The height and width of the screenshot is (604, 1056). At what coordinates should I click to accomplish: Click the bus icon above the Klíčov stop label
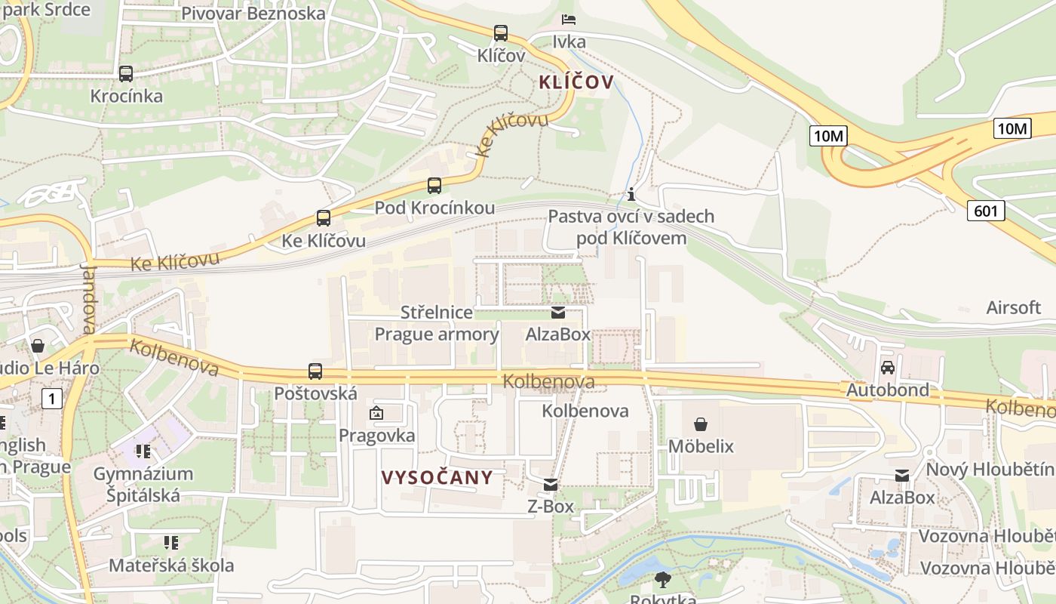point(501,33)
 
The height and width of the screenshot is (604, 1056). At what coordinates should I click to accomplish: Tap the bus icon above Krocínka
point(126,74)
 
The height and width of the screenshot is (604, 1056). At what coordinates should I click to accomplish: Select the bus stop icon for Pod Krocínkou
point(434,186)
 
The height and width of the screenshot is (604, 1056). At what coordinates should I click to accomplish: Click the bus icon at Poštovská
point(315,371)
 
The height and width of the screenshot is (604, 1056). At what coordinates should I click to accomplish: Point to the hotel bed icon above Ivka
point(569,19)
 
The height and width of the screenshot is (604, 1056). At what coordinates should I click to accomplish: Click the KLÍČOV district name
point(576,82)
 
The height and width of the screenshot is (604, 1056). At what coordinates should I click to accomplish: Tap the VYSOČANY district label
point(437,477)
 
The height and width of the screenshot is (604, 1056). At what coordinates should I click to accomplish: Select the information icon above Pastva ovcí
point(631,194)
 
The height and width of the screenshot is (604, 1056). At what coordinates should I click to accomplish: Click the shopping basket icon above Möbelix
point(701,424)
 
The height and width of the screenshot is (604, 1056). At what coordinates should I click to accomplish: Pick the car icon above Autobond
point(888,368)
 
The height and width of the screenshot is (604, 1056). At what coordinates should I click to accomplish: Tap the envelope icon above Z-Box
point(551,485)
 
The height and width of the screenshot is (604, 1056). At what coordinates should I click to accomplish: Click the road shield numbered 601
point(987,211)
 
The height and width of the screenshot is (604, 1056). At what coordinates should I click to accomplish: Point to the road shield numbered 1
point(51,398)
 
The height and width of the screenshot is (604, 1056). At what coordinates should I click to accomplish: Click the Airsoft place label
point(1013,307)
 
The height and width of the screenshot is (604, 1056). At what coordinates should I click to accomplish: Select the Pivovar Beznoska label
point(253,14)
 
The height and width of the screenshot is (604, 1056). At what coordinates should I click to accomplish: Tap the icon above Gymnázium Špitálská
point(143,451)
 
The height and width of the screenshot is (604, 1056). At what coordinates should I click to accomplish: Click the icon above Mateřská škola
point(171,543)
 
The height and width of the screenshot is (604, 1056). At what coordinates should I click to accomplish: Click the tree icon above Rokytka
point(663,580)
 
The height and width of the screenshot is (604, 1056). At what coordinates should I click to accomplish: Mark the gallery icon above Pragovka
point(376,413)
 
